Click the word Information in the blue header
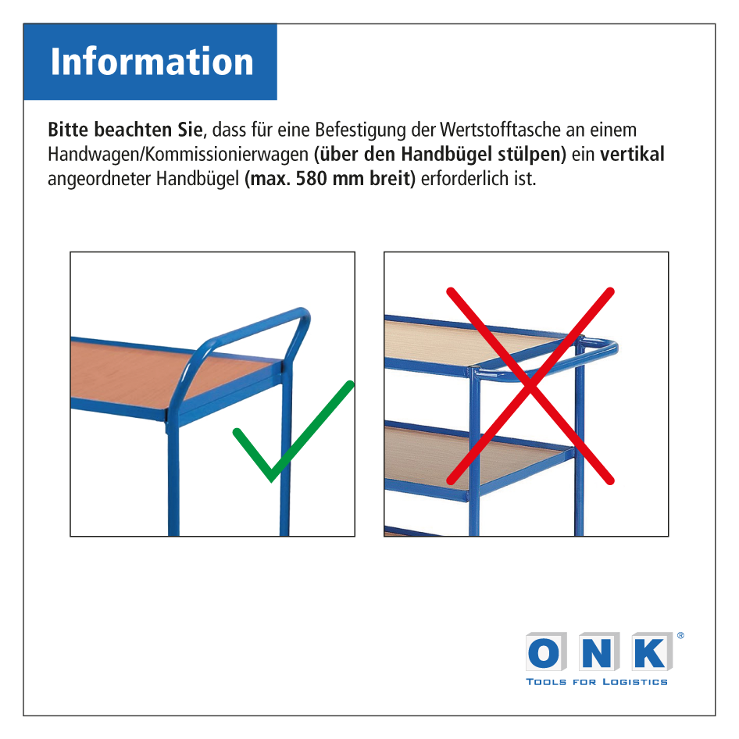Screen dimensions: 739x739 coord(152,61)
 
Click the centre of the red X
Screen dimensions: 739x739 coord(530,386)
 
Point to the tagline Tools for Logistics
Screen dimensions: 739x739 coord(597,682)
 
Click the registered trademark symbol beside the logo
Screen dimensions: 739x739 coord(680,635)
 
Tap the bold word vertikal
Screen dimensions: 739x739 coord(632,154)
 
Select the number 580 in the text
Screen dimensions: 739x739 coord(311,179)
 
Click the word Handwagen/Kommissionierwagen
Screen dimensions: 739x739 coord(178,155)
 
